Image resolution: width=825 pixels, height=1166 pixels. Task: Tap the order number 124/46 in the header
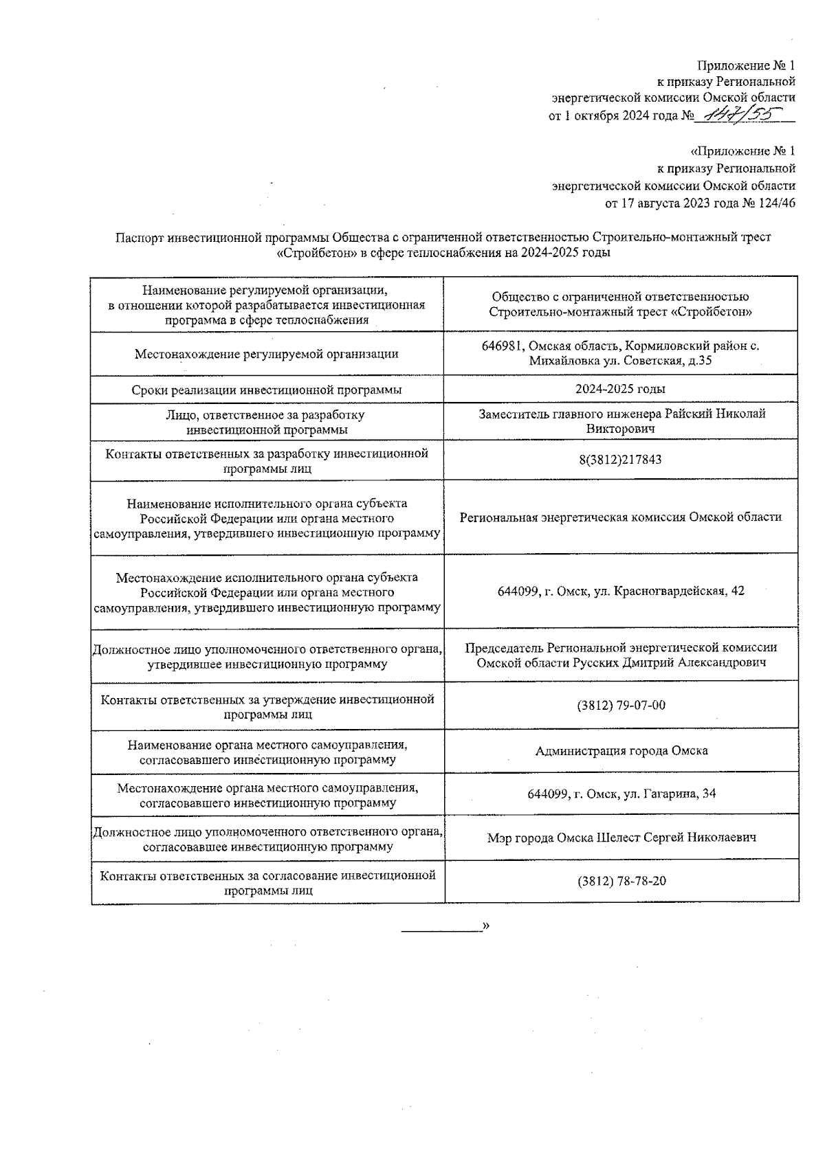pyautogui.click(x=775, y=203)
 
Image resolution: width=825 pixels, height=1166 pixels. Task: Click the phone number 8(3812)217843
pyautogui.click(x=620, y=459)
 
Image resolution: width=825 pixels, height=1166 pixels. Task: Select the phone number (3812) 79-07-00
pyautogui.click(x=621, y=706)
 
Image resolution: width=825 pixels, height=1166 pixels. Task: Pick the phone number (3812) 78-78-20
pyautogui.click(x=621, y=881)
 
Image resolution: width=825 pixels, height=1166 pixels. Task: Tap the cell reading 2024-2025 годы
pyautogui.click(x=620, y=389)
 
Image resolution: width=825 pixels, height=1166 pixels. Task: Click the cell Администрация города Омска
pyautogui.click(x=621, y=750)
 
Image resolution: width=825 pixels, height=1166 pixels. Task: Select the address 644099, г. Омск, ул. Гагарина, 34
pyautogui.click(x=621, y=794)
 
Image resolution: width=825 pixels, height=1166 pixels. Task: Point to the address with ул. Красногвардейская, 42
pyautogui.click(x=621, y=591)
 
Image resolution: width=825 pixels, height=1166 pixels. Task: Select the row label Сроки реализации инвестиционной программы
pyautogui.click(x=267, y=390)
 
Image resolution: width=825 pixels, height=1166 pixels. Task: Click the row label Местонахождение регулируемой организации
pyautogui.click(x=267, y=355)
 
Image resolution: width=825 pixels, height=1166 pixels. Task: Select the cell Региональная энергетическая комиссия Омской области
pyautogui.click(x=621, y=517)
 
